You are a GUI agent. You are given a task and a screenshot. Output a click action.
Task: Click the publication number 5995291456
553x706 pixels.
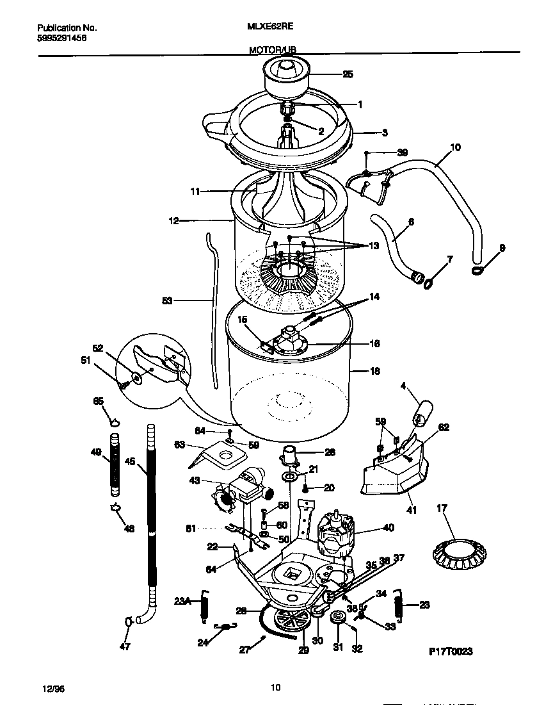click(x=62, y=38)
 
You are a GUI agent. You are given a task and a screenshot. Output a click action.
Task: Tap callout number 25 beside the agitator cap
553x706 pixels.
click(x=347, y=74)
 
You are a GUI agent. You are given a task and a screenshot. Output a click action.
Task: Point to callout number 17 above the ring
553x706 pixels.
click(x=442, y=510)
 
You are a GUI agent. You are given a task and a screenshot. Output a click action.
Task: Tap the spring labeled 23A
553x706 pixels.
click(x=205, y=605)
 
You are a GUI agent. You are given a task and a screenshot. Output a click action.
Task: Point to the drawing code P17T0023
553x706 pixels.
click(x=450, y=652)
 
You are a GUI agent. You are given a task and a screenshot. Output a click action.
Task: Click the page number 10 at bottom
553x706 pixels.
click(x=275, y=688)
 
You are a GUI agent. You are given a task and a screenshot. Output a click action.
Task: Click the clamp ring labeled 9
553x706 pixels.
click(x=477, y=271)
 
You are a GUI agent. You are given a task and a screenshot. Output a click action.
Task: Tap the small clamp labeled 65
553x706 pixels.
click(x=115, y=422)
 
